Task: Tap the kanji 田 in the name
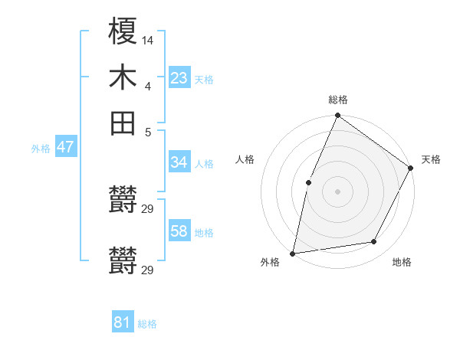pos(123,123)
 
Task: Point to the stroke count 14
pos(148,39)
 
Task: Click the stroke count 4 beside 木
pos(147,86)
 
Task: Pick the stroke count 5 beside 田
pos(148,132)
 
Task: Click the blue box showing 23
pos(179,78)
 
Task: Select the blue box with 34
pos(179,162)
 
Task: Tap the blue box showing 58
pos(179,231)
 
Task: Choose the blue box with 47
pos(65,148)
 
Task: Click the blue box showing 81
pos(123,322)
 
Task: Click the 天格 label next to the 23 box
pos(204,79)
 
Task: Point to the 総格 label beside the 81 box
pos(147,324)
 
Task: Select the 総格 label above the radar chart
pos(338,100)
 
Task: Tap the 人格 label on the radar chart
pos(245,159)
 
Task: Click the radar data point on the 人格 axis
pos(308,182)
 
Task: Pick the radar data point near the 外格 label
pos(293,253)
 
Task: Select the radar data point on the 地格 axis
pos(374,242)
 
